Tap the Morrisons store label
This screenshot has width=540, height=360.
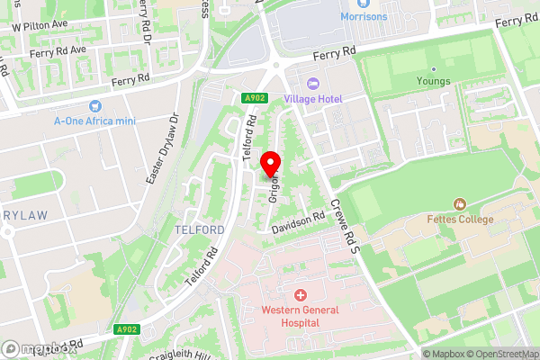tap(364, 16)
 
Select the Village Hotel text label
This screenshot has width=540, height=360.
tap(313, 97)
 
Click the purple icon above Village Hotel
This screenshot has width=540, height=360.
tap(313, 82)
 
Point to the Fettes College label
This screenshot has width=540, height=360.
tap(460, 219)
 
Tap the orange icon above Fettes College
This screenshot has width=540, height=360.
tap(460, 204)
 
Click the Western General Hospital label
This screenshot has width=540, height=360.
tap(301, 316)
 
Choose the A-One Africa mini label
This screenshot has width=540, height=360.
tap(95, 121)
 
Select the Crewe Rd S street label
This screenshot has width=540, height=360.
tap(344, 223)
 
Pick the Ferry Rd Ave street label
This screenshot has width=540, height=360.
tap(56, 52)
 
